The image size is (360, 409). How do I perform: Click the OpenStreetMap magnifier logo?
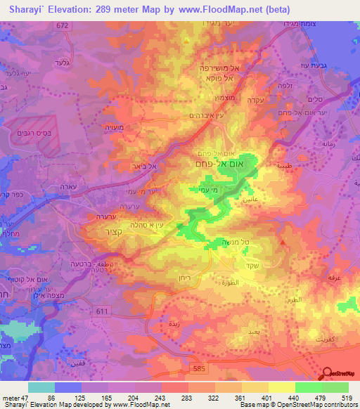[328, 373]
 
